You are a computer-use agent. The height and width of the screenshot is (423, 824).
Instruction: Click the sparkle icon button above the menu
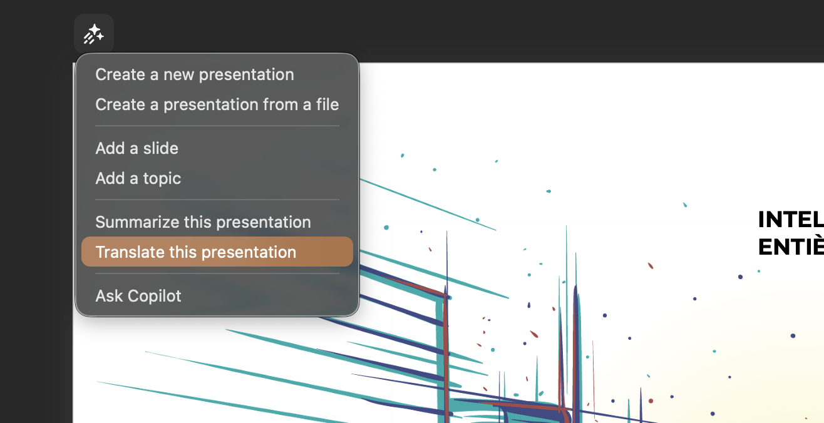[x=94, y=34]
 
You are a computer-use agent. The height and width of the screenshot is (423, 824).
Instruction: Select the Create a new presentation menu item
[x=194, y=74]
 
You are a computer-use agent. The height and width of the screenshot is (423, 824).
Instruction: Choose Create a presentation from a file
[x=217, y=104]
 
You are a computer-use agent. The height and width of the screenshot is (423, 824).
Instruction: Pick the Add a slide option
[x=136, y=148]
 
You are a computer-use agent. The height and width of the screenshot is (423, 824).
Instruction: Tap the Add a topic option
[x=138, y=178]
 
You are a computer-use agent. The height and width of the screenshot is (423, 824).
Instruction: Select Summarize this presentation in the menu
[x=203, y=222]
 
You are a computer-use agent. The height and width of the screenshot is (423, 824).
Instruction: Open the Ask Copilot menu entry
[x=138, y=295]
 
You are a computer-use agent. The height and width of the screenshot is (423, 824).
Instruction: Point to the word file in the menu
[x=327, y=104]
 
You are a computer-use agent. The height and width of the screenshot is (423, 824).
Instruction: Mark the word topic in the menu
[x=162, y=178]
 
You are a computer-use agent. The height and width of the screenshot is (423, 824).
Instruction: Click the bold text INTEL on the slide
[x=790, y=220]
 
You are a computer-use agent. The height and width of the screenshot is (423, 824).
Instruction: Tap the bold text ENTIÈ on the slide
[x=790, y=247]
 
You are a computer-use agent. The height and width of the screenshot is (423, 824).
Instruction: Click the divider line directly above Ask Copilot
[x=217, y=273]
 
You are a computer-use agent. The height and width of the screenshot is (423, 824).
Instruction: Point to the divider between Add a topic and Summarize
[x=217, y=200]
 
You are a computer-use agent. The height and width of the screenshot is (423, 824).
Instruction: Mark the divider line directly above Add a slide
[x=217, y=126]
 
